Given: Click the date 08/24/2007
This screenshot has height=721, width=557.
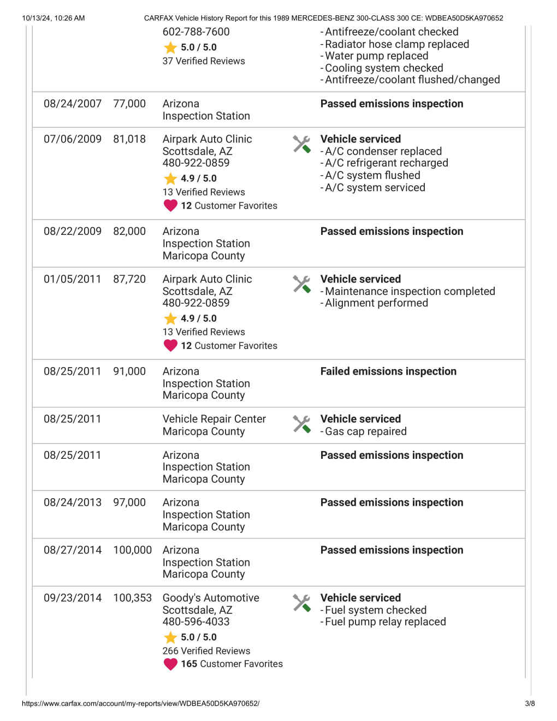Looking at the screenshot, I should point(73,104).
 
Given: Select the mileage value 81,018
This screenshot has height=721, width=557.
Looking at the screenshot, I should point(129,139).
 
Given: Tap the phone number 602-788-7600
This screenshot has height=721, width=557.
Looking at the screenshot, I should point(196,32).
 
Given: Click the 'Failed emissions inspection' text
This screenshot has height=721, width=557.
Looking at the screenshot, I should point(388,371).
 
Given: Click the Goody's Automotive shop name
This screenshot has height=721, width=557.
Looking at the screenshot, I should point(211,598).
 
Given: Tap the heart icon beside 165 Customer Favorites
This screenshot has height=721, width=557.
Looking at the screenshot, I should point(170,664).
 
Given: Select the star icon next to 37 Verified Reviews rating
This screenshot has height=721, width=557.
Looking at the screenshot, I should point(170,48).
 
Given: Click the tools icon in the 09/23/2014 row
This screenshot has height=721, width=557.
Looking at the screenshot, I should point(301,603).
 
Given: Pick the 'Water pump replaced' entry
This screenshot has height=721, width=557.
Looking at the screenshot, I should point(377,56).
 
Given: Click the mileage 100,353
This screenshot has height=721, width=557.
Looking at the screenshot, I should point(132,598).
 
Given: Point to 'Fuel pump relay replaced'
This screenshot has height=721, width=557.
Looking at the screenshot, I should point(386,622).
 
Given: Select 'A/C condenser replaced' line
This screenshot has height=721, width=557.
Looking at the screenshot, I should point(383,151).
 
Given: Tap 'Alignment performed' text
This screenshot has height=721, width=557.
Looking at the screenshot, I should point(377,303).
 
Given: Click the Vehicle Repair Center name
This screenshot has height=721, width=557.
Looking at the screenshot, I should point(214,419).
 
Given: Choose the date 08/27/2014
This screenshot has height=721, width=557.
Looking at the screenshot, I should point(73,550).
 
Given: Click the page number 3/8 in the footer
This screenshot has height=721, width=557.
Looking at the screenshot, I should point(530,704).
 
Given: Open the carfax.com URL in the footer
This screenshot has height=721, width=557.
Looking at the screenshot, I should point(140,704).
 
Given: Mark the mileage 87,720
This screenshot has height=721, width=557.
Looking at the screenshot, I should point(129,279).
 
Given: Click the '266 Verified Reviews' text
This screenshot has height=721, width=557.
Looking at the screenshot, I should point(206,651).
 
